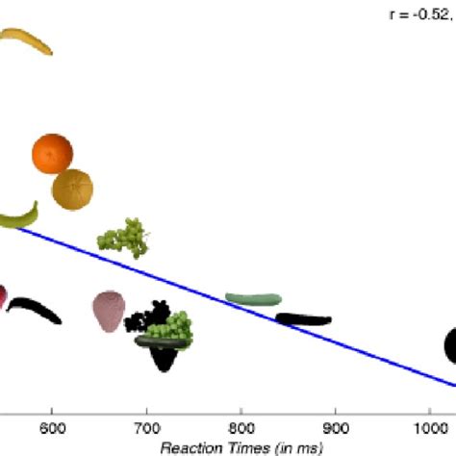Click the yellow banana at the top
[x=27, y=41]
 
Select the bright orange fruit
[x=53, y=154]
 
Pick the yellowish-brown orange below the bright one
[x=73, y=189]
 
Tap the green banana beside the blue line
[x=19, y=216]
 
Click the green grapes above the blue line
[x=123, y=237]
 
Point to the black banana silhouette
[x=35, y=310]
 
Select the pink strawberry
[x=109, y=311]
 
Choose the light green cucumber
[x=253, y=299]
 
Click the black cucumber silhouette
[x=303, y=319]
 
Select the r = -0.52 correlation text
[x=419, y=15]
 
